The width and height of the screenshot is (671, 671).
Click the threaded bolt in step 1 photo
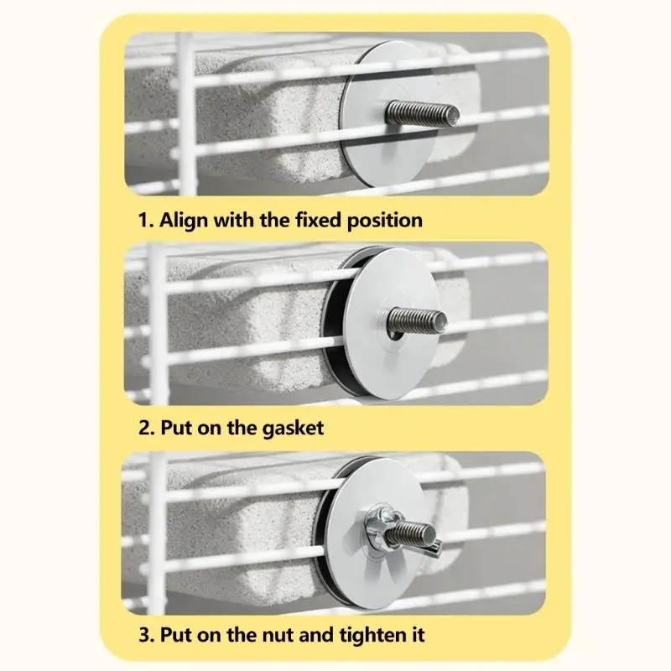tap(422, 112)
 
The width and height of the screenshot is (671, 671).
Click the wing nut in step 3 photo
tap(400, 533)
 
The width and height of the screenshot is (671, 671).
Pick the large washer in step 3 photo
tap(377, 533)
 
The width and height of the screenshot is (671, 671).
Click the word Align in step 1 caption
tap(184, 221)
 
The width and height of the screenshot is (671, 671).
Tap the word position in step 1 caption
tap(385, 221)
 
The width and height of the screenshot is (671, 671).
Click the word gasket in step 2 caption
tap(293, 429)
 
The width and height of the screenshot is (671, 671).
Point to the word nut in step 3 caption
tap(278, 636)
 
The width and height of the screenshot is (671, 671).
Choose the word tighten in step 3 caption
tap(372, 635)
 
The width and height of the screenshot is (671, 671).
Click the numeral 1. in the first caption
tap(146, 221)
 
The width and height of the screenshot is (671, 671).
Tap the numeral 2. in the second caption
tap(147, 429)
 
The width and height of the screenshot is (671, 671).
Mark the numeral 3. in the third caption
tap(147, 635)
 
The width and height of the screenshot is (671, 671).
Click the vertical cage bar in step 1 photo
tap(187, 114)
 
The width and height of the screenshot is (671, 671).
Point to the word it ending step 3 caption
tap(418, 635)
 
